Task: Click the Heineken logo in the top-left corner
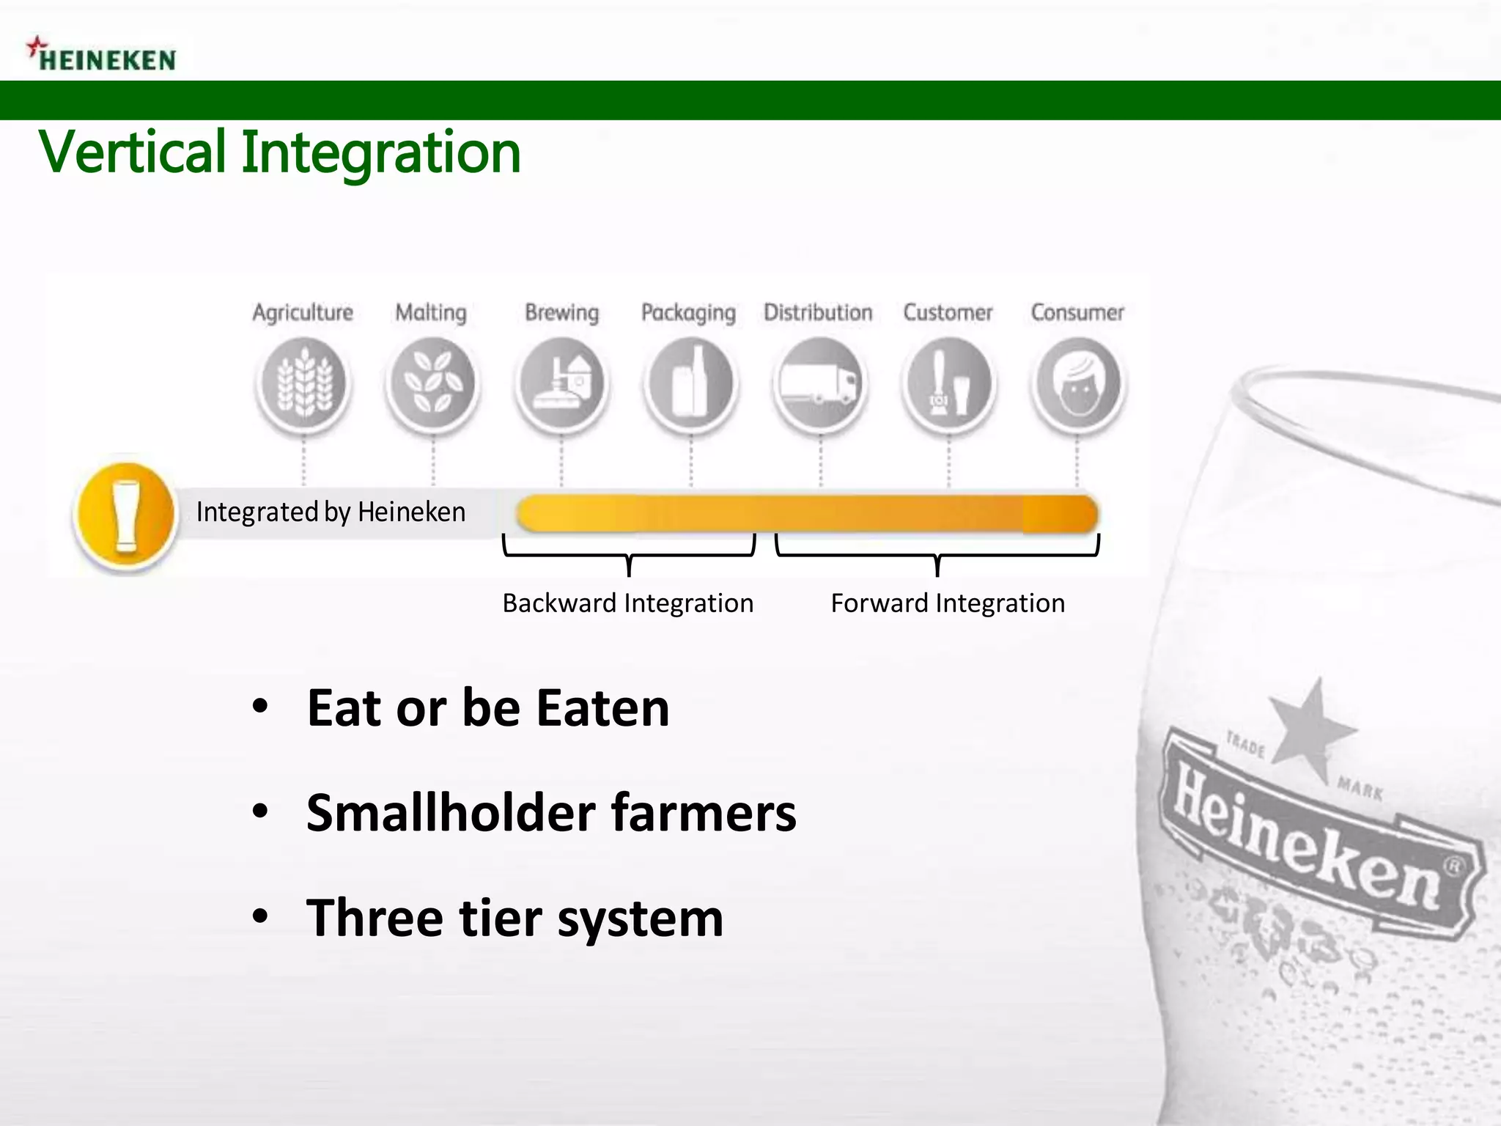[x=103, y=56]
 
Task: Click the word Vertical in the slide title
[x=133, y=152]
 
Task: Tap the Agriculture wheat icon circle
[x=303, y=384]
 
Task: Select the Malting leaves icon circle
[x=432, y=384]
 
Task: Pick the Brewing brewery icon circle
[x=562, y=384]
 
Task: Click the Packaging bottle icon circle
[x=690, y=384]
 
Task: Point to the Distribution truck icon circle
[x=819, y=384]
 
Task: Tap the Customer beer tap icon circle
[x=948, y=384]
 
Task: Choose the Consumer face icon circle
[x=1077, y=384]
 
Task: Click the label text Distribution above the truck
[x=818, y=312]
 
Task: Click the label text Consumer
[x=1077, y=312]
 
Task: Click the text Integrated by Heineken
[x=331, y=512]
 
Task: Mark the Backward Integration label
[x=627, y=603]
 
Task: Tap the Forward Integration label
[x=947, y=603]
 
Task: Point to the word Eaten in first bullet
[x=602, y=708]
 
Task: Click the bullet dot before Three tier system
[x=260, y=916]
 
